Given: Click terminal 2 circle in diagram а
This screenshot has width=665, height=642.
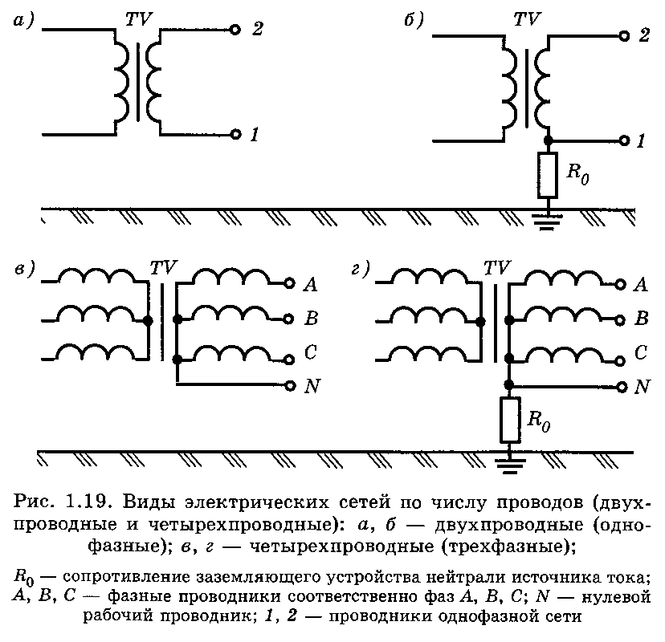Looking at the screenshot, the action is point(235,30).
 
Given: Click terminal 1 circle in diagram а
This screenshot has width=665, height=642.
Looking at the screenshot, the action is point(235,134).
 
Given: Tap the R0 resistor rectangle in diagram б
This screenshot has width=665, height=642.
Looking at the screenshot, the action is point(548,175).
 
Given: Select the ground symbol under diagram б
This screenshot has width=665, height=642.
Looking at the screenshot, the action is point(547,222).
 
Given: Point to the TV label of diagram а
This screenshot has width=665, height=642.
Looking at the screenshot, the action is point(139,19).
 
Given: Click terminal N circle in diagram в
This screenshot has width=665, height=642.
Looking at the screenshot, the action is point(290,386).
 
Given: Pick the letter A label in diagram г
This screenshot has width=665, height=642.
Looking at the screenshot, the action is point(640,284).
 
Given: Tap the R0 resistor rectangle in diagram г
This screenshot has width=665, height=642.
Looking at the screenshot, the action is point(509,420).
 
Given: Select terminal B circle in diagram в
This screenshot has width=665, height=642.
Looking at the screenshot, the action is point(288,319).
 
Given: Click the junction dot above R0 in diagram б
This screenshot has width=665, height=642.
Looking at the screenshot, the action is point(548,140).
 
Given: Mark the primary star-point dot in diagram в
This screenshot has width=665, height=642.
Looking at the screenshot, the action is point(148,321).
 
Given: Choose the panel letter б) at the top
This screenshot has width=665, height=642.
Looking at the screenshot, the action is point(413,20).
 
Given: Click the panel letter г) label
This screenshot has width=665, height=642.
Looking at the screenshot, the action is point(360,269).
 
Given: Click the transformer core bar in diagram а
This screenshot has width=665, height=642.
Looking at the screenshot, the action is point(137,82).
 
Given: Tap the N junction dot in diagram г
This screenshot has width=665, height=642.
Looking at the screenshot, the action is point(509,384).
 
